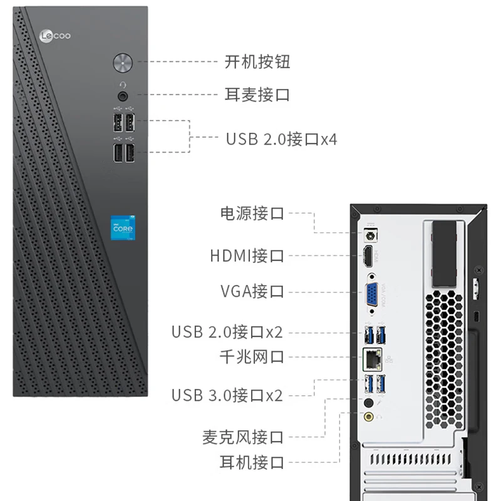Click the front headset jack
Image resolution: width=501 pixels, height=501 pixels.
tap(123, 96)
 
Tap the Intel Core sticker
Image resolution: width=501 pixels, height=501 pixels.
tap(123, 229)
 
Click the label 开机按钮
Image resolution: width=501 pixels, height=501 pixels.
tap(257, 61)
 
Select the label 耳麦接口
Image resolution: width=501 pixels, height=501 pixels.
tap(257, 95)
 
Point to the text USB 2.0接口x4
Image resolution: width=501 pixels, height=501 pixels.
tap(281, 138)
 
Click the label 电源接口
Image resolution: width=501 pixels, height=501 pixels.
tap(252, 213)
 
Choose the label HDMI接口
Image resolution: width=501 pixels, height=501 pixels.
tap(247, 256)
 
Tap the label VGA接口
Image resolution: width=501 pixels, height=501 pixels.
tap(252, 291)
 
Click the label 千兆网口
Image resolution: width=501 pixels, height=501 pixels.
tap(252, 357)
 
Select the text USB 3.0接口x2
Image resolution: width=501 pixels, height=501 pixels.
tap(227, 395)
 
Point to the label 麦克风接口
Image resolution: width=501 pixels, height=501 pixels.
tap(243, 436)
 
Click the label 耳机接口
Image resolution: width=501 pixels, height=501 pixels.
tap(252, 463)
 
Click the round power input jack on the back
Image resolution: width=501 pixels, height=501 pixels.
tap(369, 235)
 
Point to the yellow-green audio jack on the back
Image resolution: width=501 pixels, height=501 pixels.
tap(369, 415)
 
